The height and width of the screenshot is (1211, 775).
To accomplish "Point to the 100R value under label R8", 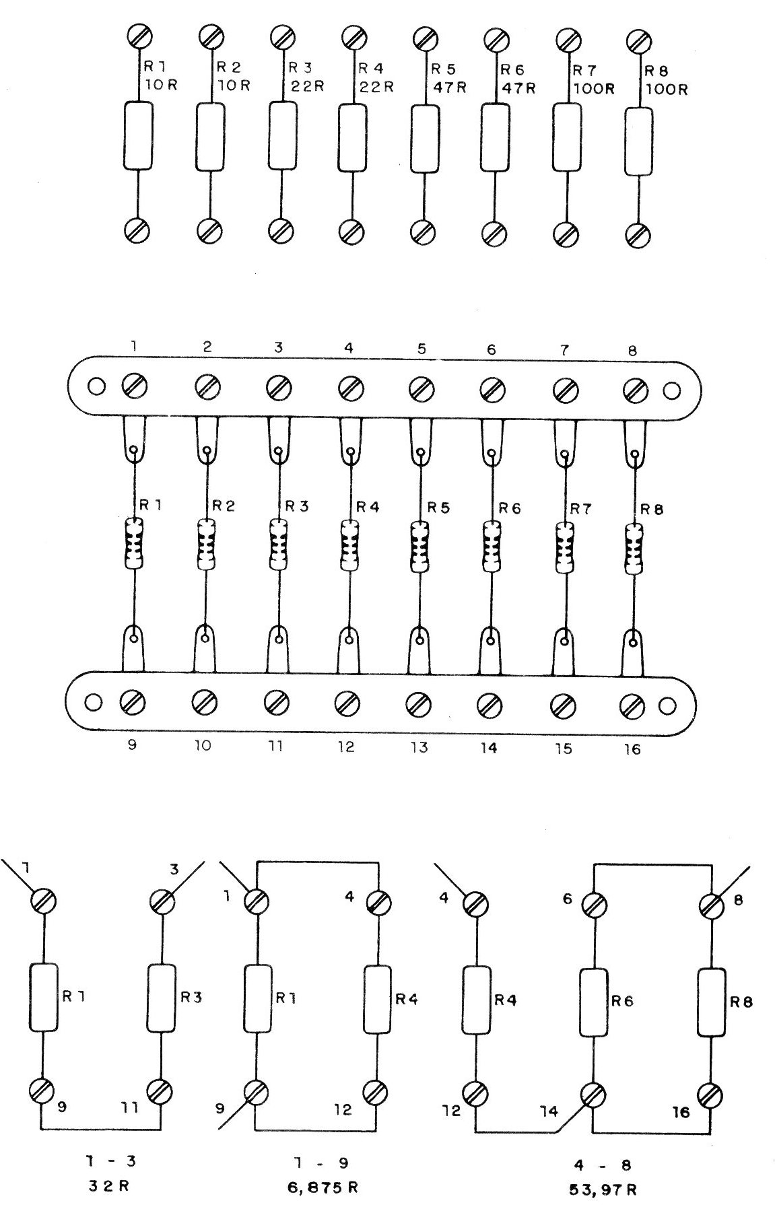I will coord(667,90).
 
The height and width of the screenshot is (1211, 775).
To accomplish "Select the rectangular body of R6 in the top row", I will coord(496,137).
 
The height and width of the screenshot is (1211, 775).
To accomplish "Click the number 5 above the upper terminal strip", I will coord(422,349).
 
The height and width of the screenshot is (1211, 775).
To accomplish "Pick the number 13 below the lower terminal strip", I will coord(419,747).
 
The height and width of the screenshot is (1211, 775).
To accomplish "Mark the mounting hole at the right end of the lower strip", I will coord(667,706).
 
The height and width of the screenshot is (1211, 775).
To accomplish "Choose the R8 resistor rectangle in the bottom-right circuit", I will coord(712,1002).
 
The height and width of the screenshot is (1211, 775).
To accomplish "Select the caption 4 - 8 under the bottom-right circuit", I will coord(595,1165).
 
